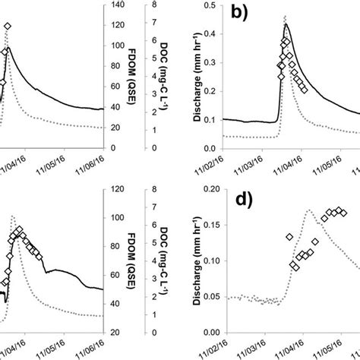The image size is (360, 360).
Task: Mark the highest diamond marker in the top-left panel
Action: [8, 27]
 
